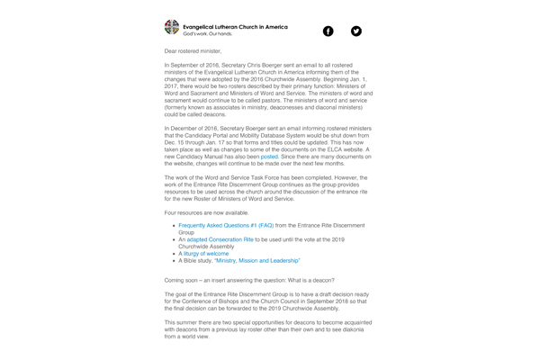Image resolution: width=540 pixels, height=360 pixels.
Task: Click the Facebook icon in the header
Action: pos(328,31)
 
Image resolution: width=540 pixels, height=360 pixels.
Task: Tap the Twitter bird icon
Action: pos(356,31)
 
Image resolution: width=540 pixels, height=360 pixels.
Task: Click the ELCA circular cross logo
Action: pos(172,28)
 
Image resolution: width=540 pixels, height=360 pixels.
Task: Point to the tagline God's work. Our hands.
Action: pos(208,34)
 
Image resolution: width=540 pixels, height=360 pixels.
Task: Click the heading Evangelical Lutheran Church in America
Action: pos(235,27)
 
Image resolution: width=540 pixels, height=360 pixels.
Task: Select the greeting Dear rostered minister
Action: pos(193,51)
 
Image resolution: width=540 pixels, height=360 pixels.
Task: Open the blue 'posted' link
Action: pos(269,157)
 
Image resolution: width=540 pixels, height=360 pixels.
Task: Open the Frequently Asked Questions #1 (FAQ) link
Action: pos(226,225)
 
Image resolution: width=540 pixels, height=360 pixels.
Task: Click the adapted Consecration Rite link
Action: pos(220,239)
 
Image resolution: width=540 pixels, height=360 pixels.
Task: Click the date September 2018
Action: pos(345,301)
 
